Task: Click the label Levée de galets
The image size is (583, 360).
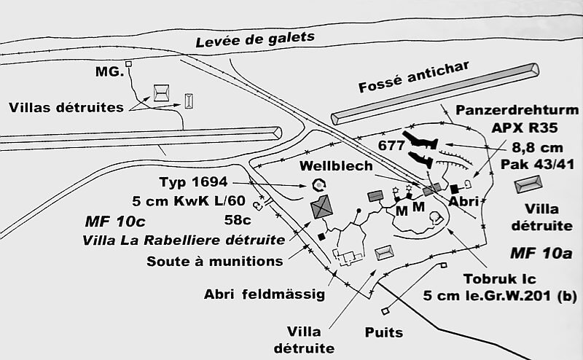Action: click(x=254, y=39)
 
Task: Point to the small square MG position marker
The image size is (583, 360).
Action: click(x=128, y=64)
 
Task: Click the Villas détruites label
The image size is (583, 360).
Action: click(x=66, y=108)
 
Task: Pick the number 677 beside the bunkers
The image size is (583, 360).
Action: click(x=391, y=145)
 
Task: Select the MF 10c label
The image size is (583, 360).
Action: click(x=110, y=220)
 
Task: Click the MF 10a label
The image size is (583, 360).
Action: click(x=536, y=254)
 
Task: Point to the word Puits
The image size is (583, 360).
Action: click(x=384, y=333)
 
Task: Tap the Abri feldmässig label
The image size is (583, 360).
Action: click(x=264, y=294)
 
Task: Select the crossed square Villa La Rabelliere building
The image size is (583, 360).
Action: click(x=322, y=207)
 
